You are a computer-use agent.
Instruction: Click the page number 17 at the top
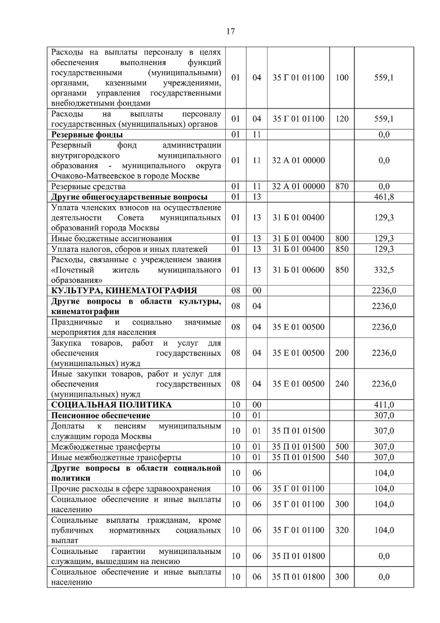231,31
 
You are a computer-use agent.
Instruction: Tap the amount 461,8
383,197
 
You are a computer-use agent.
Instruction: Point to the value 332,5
383,270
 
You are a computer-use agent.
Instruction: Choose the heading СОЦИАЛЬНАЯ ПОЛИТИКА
111,405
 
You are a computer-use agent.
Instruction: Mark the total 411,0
383,405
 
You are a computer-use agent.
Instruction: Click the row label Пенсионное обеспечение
101,415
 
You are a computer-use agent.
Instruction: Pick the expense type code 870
342,186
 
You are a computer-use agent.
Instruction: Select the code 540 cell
342,457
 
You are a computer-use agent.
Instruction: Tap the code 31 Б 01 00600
298,270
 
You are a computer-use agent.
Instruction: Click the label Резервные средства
88,186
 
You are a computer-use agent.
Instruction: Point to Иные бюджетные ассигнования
111,239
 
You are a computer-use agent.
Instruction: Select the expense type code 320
342,530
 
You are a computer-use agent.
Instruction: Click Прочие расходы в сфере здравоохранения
131,489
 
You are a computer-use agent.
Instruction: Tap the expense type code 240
342,384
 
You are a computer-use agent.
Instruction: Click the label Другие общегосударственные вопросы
129,197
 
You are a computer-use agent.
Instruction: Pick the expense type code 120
342,119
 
